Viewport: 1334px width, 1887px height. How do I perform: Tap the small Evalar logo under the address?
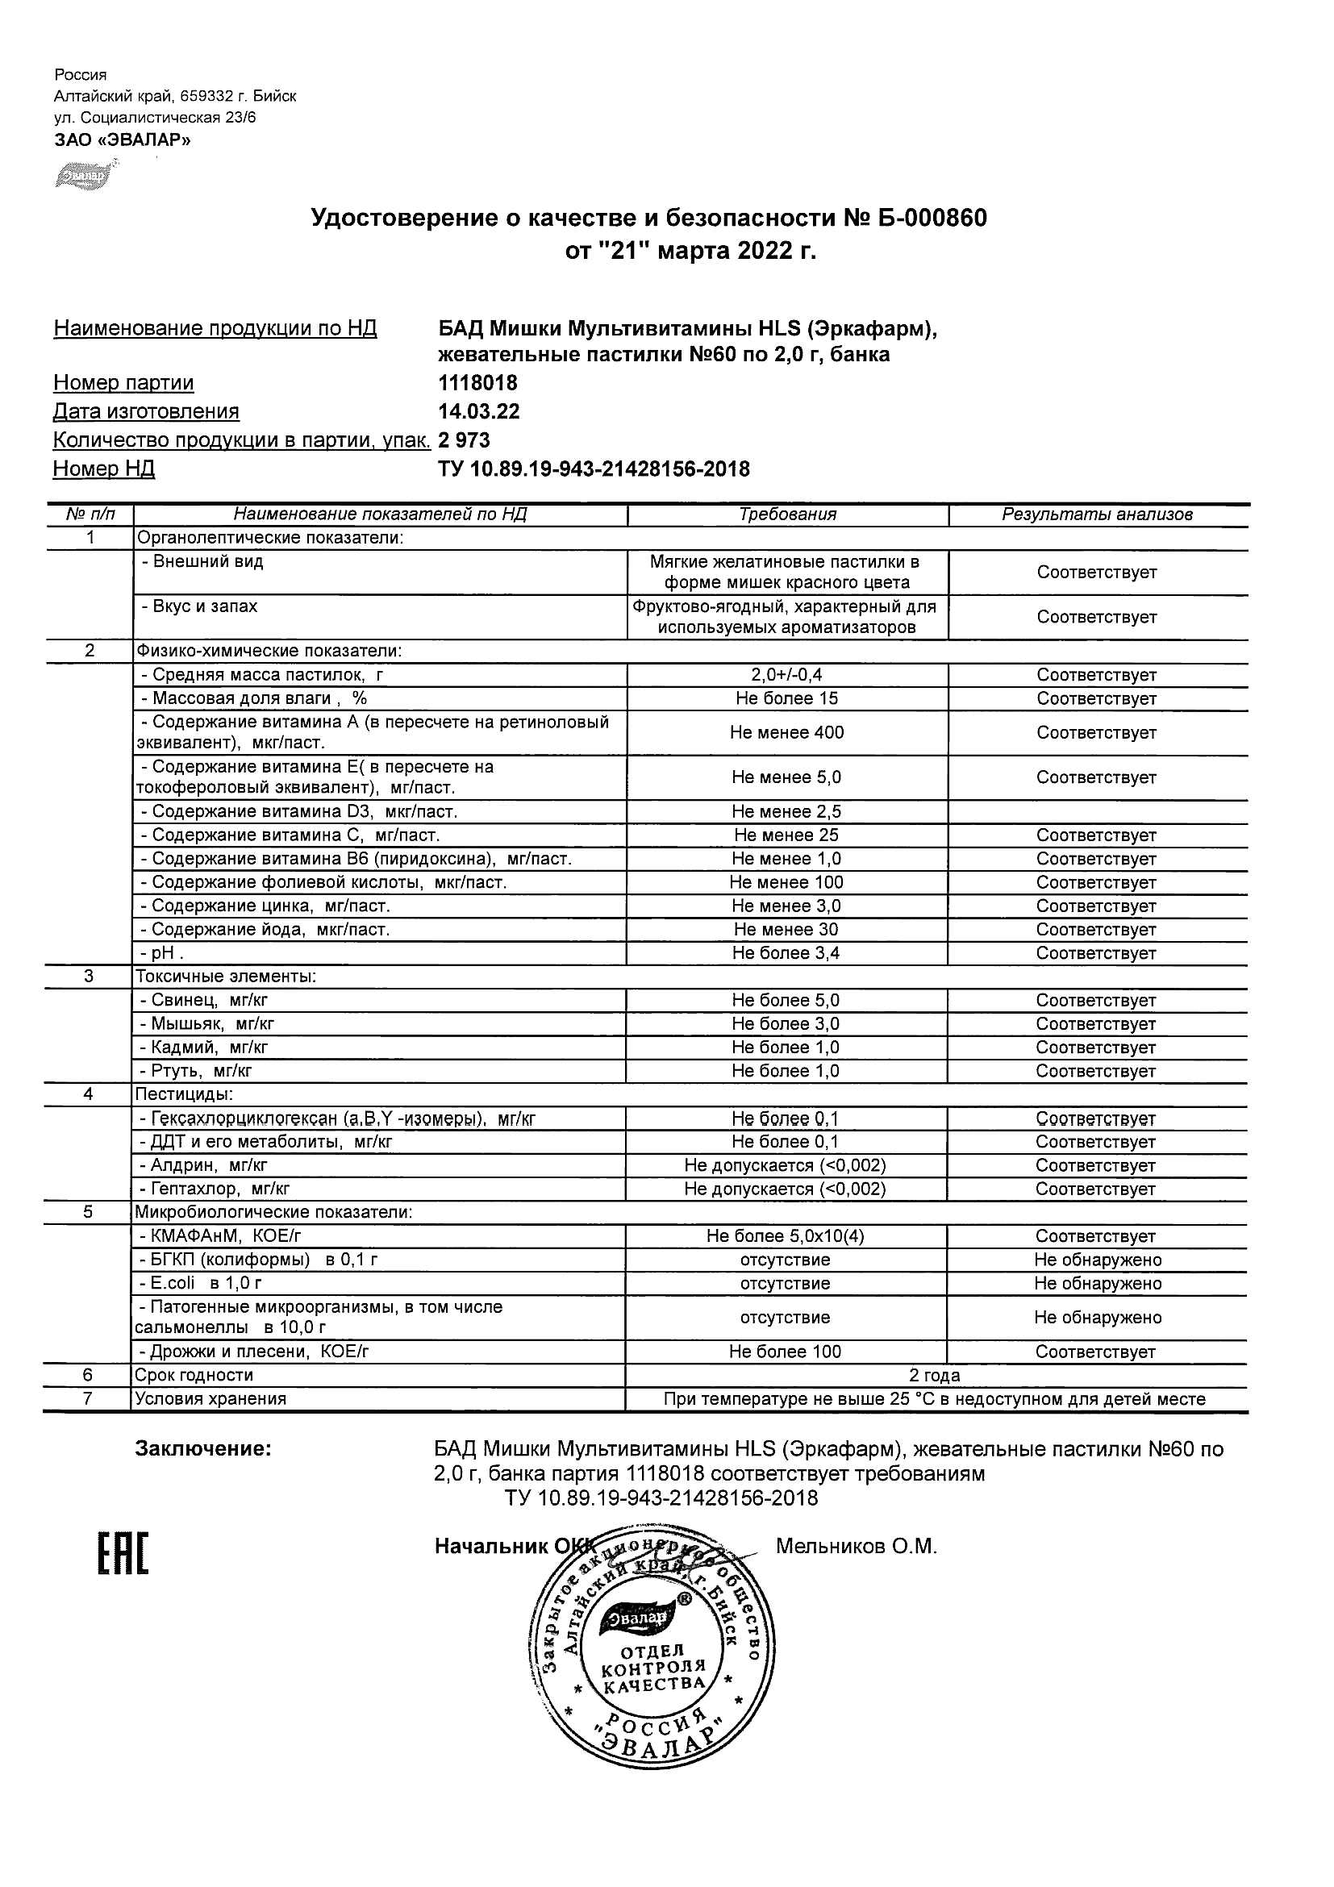pos(84,175)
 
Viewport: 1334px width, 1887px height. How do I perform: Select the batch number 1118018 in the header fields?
pos(477,383)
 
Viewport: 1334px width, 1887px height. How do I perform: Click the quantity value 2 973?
pos(465,440)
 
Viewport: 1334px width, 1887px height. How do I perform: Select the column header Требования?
pos(786,514)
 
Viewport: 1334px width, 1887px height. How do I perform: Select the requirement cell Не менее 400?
pos(786,732)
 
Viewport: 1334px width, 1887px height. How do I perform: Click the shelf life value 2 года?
pos(935,1376)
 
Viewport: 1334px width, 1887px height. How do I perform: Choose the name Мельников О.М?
pos(856,1547)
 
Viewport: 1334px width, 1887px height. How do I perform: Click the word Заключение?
pos(203,1449)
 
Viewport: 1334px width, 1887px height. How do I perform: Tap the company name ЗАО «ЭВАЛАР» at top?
pos(123,140)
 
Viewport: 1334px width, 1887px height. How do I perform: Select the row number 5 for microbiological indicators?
pos(88,1212)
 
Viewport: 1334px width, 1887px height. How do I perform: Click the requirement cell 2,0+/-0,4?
pos(786,675)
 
